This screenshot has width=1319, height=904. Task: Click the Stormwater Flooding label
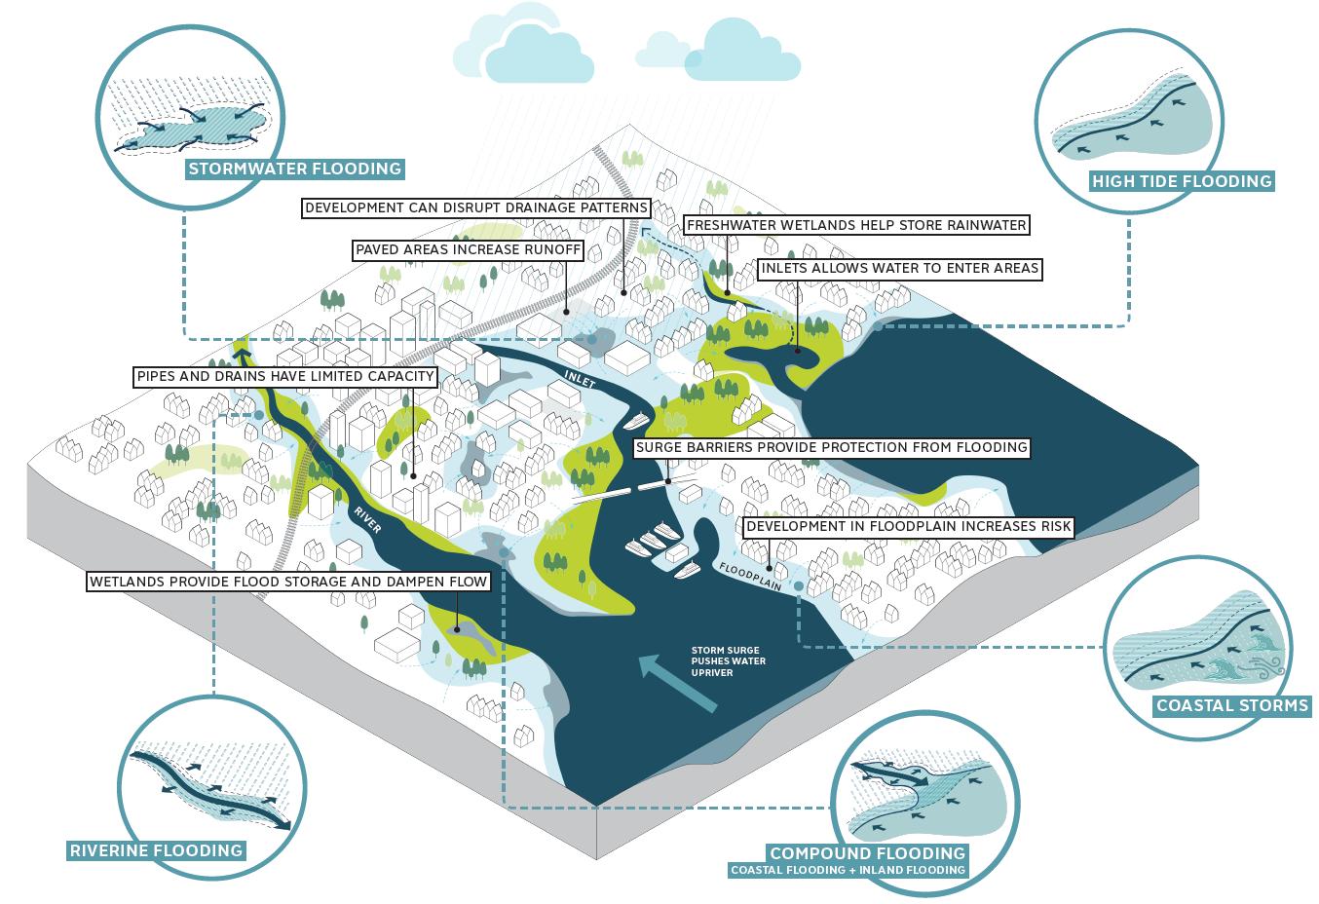(x=294, y=169)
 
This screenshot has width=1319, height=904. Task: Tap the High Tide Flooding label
(x=1182, y=180)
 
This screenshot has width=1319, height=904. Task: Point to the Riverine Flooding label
(x=156, y=850)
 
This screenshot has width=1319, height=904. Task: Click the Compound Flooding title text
(x=867, y=852)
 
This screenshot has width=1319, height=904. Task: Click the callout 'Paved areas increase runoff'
(x=468, y=250)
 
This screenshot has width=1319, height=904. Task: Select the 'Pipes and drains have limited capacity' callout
(x=284, y=376)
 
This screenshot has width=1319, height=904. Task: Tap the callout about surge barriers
(x=831, y=447)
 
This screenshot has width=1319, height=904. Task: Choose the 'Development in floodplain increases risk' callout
(x=908, y=527)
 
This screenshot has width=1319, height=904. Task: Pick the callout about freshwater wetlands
(x=856, y=225)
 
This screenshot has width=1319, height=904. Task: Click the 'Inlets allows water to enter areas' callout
(x=900, y=268)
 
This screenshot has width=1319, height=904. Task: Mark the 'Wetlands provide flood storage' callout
(x=287, y=583)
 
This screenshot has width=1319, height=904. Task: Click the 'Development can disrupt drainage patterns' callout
(x=475, y=207)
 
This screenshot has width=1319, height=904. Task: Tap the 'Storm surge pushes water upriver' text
(x=728, y=660)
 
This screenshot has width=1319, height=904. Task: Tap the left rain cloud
(x=523, y=49)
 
